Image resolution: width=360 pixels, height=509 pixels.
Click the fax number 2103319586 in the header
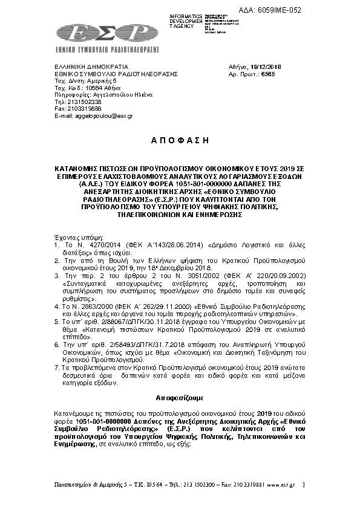point(79,108)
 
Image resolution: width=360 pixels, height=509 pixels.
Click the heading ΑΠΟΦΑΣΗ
point(179,140)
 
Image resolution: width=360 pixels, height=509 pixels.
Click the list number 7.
point(56,368)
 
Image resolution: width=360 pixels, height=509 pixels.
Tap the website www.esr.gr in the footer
point(283,484)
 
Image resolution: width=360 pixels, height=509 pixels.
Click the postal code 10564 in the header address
point(91,88)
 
